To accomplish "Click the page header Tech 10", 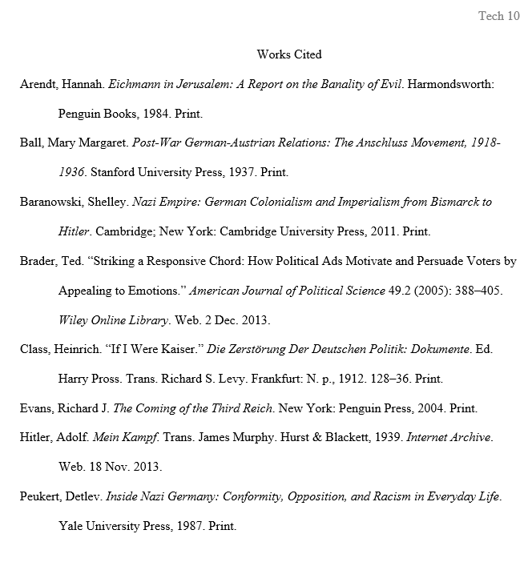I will pos(498,16).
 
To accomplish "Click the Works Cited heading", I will pos(289,54).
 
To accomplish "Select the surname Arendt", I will pos(39,84).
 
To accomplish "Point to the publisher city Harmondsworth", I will pos(451,84).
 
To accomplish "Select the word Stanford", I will pos(113,172).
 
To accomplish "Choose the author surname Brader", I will pos(37,261).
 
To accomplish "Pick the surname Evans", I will pos(37,408).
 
